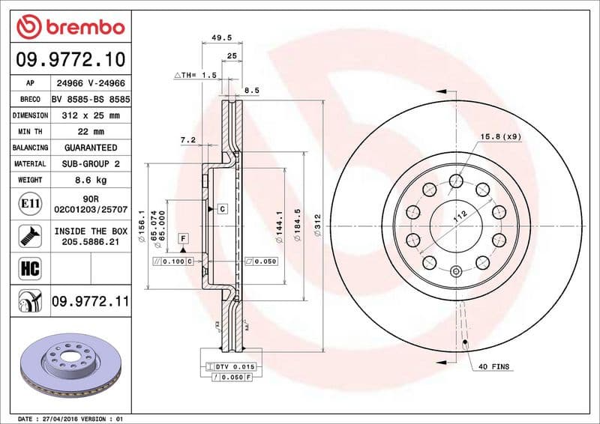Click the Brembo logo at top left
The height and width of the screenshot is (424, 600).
point(70,26)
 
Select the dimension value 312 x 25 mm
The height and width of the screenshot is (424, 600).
point(90,115)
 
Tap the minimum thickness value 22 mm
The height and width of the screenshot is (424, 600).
point(90,132)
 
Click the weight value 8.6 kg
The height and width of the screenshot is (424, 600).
point(90,180)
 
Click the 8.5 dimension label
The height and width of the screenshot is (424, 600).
point(252,90)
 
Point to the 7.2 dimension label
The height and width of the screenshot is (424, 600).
point(188,139)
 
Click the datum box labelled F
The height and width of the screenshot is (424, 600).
point(182,238)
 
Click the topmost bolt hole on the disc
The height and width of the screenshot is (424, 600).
point(455,179)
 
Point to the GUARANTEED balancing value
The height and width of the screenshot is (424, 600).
point(90,148)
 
